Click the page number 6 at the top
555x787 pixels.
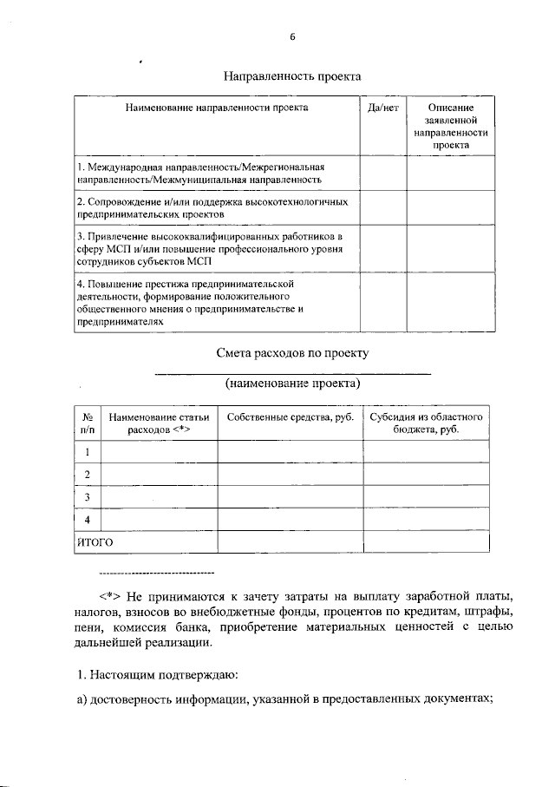coord(293,36)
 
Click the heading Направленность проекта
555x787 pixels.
coord(292,76)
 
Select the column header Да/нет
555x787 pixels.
coord(382,108)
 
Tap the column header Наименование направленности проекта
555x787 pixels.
coord(217,108)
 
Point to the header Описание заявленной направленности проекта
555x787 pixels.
coord(450,127)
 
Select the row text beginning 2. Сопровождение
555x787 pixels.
coord(212,207)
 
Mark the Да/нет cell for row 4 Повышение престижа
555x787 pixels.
coord(382,302)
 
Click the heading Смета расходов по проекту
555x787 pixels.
coord(292,353)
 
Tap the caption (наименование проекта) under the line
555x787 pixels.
coord(292,383)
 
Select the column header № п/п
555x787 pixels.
coord(87,423)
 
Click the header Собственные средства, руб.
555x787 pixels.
coord(290,417)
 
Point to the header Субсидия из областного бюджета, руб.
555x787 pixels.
coord(426,423)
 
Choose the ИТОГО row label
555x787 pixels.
coord(96,541)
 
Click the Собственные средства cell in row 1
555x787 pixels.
coord(290,452)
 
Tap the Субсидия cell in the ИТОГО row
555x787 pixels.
coord(426,541)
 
